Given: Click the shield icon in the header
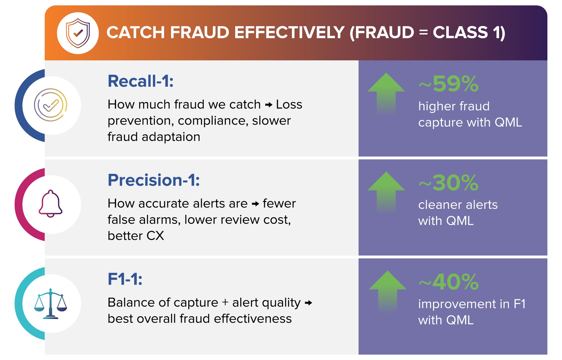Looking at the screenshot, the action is (78, 33).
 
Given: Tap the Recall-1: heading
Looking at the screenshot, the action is (140, 81).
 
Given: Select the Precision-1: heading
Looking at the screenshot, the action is (154, 180).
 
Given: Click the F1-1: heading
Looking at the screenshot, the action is (125, 279).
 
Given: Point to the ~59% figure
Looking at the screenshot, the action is (448, 84).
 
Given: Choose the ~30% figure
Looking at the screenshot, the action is (448, 183).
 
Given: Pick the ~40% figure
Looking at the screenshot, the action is (448, 282).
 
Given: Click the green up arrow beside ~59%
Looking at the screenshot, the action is (386, 94).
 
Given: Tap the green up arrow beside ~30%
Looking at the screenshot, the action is (386, 193).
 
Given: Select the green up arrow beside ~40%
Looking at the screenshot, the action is (387, 292).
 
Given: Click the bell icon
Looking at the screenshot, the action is (51, 204).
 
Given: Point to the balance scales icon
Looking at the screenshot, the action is (51, 304).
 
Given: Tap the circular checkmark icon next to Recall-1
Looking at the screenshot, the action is (51, 105).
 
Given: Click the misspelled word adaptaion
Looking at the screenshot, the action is (171, 137).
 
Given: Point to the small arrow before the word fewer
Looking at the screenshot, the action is (255, 204).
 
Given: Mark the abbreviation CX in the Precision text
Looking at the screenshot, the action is (155, 236).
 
